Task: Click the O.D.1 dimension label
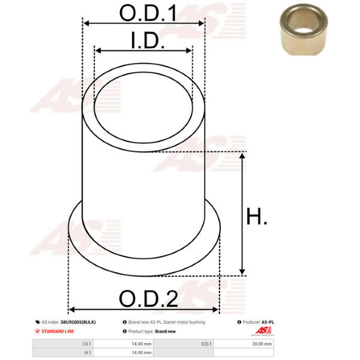coord(148,13)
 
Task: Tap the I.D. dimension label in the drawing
coord(148,40)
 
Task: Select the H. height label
coord(256,216)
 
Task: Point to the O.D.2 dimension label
coord(148,298)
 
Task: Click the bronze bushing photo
coord(304,29)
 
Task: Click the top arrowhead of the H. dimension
coord(242,156)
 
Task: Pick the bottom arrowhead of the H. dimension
coord(242,272)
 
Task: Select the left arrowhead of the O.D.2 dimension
coord(72,310)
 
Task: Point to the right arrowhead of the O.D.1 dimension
coord(201,23)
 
